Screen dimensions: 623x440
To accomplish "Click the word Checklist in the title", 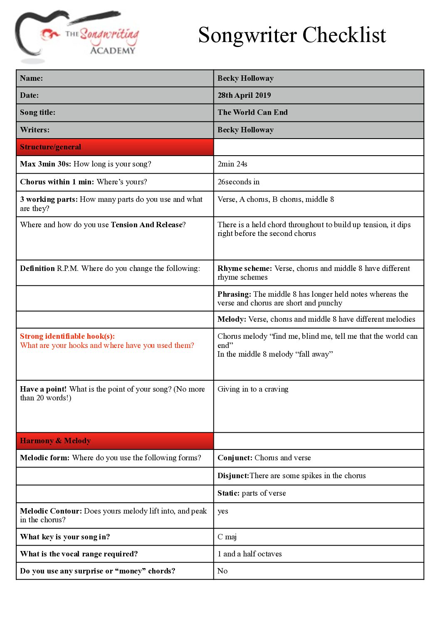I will [344, 35].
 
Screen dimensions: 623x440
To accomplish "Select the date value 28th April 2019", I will [244, 95].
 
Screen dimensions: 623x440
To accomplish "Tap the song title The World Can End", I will [252, 112].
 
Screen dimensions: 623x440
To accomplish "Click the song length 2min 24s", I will [232, 164].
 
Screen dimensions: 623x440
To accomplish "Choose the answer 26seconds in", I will [238, 182].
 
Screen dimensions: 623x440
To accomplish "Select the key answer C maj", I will [227, 537].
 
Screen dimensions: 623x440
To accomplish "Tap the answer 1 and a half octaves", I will [250, 554].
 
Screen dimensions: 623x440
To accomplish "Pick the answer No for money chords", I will [222, 571].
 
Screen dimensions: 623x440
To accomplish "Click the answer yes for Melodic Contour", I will [223, 511].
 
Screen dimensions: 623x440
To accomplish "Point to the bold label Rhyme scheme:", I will [245, 268].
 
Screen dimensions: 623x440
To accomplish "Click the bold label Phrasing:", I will [234, 294].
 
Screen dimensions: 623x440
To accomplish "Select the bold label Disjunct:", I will [233, 476].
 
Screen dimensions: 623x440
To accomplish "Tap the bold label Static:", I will [228, 493].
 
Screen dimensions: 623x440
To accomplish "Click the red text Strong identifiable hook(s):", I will [67, 336].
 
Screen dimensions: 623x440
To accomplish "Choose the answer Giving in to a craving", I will [253, 389].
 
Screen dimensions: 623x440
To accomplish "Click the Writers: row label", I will [35, 130].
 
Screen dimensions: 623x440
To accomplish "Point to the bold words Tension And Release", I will [147, 225].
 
